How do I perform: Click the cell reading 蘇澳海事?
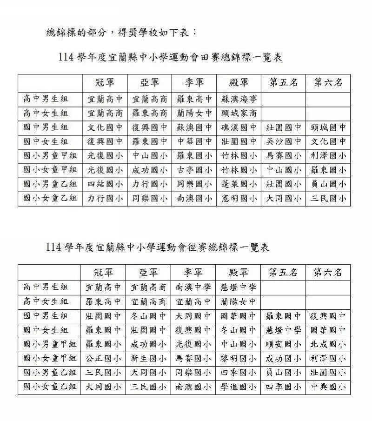coord(239,99)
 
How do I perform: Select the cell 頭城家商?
coord(239,113)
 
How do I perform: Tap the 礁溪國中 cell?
coord(239,127)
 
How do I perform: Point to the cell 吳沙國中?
coord(284,141)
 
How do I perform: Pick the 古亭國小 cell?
coord(194,170)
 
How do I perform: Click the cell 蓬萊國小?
coord(239,184)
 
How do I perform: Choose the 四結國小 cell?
coord(105,184)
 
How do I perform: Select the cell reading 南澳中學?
coord(193,287)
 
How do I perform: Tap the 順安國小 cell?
coord(283,345)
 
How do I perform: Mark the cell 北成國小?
coord(328,345)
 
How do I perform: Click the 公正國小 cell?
coord(103,359)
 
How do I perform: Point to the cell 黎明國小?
coord(239,359)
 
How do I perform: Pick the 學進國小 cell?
coord(239,387)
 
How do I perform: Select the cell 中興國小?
coord(328,387)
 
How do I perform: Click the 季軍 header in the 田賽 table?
coord(194,83)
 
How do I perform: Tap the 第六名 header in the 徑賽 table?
coord(328,272)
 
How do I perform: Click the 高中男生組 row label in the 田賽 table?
coord(46,99)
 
